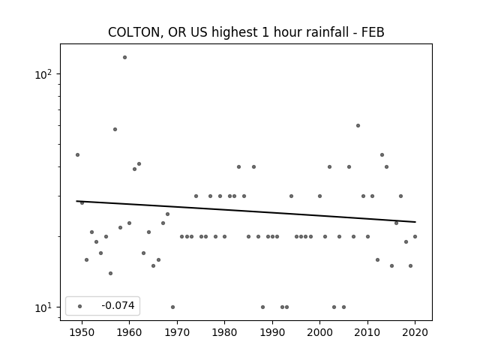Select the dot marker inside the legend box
click(79, 306)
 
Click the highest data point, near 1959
click(124, 57)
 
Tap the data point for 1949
click(77, 154)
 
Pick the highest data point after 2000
click(358, 125)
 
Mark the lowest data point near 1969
click(172, 307)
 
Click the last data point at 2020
click(415, 236)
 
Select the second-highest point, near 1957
click(115, 129)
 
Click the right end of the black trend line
click(415, 222)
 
